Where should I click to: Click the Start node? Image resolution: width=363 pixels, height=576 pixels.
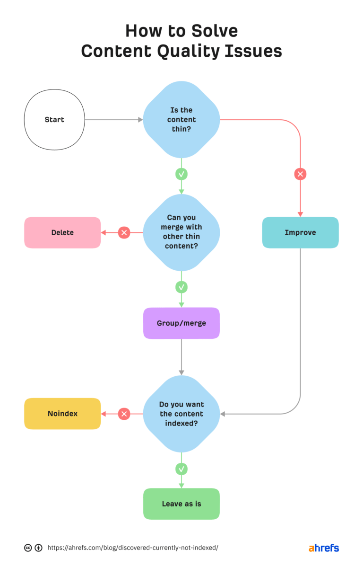54,120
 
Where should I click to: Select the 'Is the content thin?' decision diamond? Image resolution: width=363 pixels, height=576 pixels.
181,120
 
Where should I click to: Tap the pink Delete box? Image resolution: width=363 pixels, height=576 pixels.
62,232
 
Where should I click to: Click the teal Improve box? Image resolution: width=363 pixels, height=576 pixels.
300,232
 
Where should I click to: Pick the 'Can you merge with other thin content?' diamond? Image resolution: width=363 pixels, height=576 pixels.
181,232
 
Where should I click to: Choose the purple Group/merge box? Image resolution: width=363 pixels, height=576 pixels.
181,323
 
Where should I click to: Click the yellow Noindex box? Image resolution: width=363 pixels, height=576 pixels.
62,414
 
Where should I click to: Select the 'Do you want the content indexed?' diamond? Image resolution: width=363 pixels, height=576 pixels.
181,414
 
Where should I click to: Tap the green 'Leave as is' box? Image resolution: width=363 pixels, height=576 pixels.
181,504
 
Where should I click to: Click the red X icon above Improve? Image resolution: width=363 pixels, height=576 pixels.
300,174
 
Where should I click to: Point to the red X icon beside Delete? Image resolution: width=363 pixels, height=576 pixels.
124,232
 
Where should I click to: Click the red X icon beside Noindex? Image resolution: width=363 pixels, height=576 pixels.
124,414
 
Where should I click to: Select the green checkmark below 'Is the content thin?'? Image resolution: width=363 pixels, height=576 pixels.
181,174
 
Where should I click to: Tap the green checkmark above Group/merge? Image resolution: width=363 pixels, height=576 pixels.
181,287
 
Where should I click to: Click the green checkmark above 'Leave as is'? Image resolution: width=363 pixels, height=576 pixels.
181,469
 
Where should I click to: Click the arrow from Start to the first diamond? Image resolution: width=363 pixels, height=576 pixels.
113,120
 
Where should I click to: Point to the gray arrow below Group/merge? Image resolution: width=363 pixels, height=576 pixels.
181,357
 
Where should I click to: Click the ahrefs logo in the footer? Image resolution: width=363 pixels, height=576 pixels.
324,548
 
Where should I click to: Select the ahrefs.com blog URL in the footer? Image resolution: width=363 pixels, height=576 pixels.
133,548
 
